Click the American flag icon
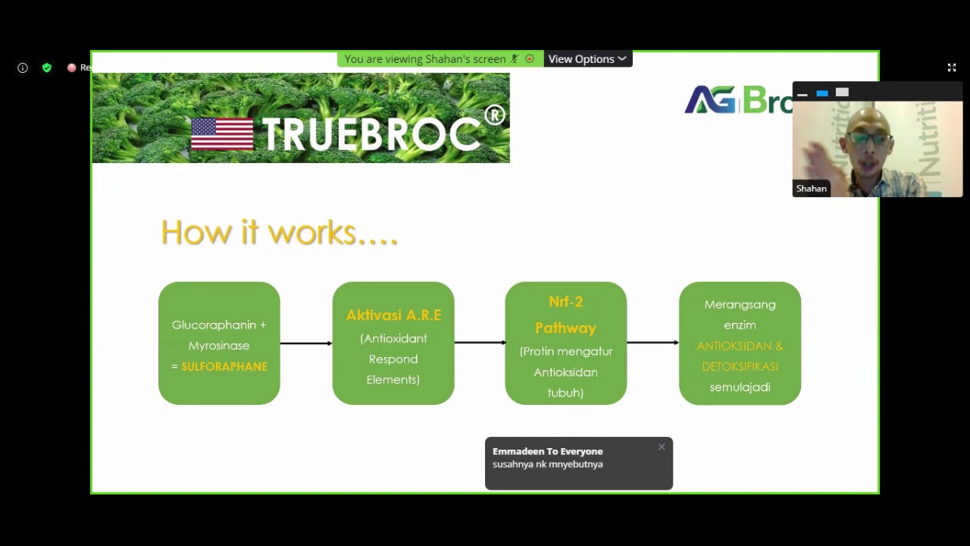tap(222, 134)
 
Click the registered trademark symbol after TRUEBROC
tap(494, 115)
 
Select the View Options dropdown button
tap(587, 59)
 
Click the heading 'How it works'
tap(279, 232)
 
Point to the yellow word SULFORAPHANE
tap(224, 366)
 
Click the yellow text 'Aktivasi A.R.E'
tap(393, 315)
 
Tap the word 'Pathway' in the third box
tap(565, 328)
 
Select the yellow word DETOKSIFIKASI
tap(740, 366)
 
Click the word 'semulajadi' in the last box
tap(740, 387)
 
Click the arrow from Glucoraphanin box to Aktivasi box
tap(306, 344)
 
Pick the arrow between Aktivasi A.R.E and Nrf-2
tap(480, 343)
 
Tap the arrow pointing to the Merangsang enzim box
tap(652, 343)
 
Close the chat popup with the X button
tap(662, 447)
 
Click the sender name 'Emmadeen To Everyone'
tap(547, 451)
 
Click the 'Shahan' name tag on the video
tap(811, 188)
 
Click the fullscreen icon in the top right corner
tap(952, 67)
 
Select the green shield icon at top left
tap(47, 67)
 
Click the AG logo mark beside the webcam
tap(710, 100)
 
